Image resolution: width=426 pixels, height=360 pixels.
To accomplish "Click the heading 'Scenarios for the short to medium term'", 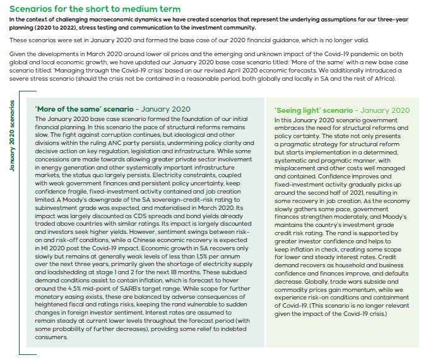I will [x=95, y=9].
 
